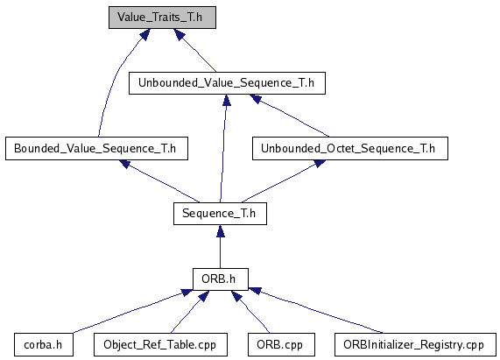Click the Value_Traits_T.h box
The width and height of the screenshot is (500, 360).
coord(162,18)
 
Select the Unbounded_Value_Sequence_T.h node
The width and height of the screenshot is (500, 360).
coord(227,83)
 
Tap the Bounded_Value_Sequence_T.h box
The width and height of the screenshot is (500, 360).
coord(96,149)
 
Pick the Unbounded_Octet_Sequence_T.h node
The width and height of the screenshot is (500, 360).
coord(350,149)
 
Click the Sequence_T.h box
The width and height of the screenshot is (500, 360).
coord(220,214)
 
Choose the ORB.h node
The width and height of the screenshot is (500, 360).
coord(221,279)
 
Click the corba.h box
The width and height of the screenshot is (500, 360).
coord(44,345)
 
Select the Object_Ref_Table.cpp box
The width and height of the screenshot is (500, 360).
coord(161,345)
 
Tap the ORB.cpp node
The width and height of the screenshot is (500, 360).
coord(281,345)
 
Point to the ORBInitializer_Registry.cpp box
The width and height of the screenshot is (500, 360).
coord(415,345)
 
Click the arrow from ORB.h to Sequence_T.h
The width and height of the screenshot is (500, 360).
coord(221,246)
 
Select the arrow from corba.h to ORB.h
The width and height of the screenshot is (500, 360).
coord(132,311)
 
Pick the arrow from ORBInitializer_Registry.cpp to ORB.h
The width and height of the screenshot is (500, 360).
coord(316,310)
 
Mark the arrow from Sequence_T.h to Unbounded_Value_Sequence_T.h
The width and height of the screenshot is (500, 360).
coord(223,148)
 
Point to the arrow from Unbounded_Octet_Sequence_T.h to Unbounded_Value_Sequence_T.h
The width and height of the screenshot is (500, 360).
coord(289,116)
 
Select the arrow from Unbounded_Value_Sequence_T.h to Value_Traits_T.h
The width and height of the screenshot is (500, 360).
coord(194,50)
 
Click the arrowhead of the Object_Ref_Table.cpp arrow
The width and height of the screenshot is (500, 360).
coord(203,296)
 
